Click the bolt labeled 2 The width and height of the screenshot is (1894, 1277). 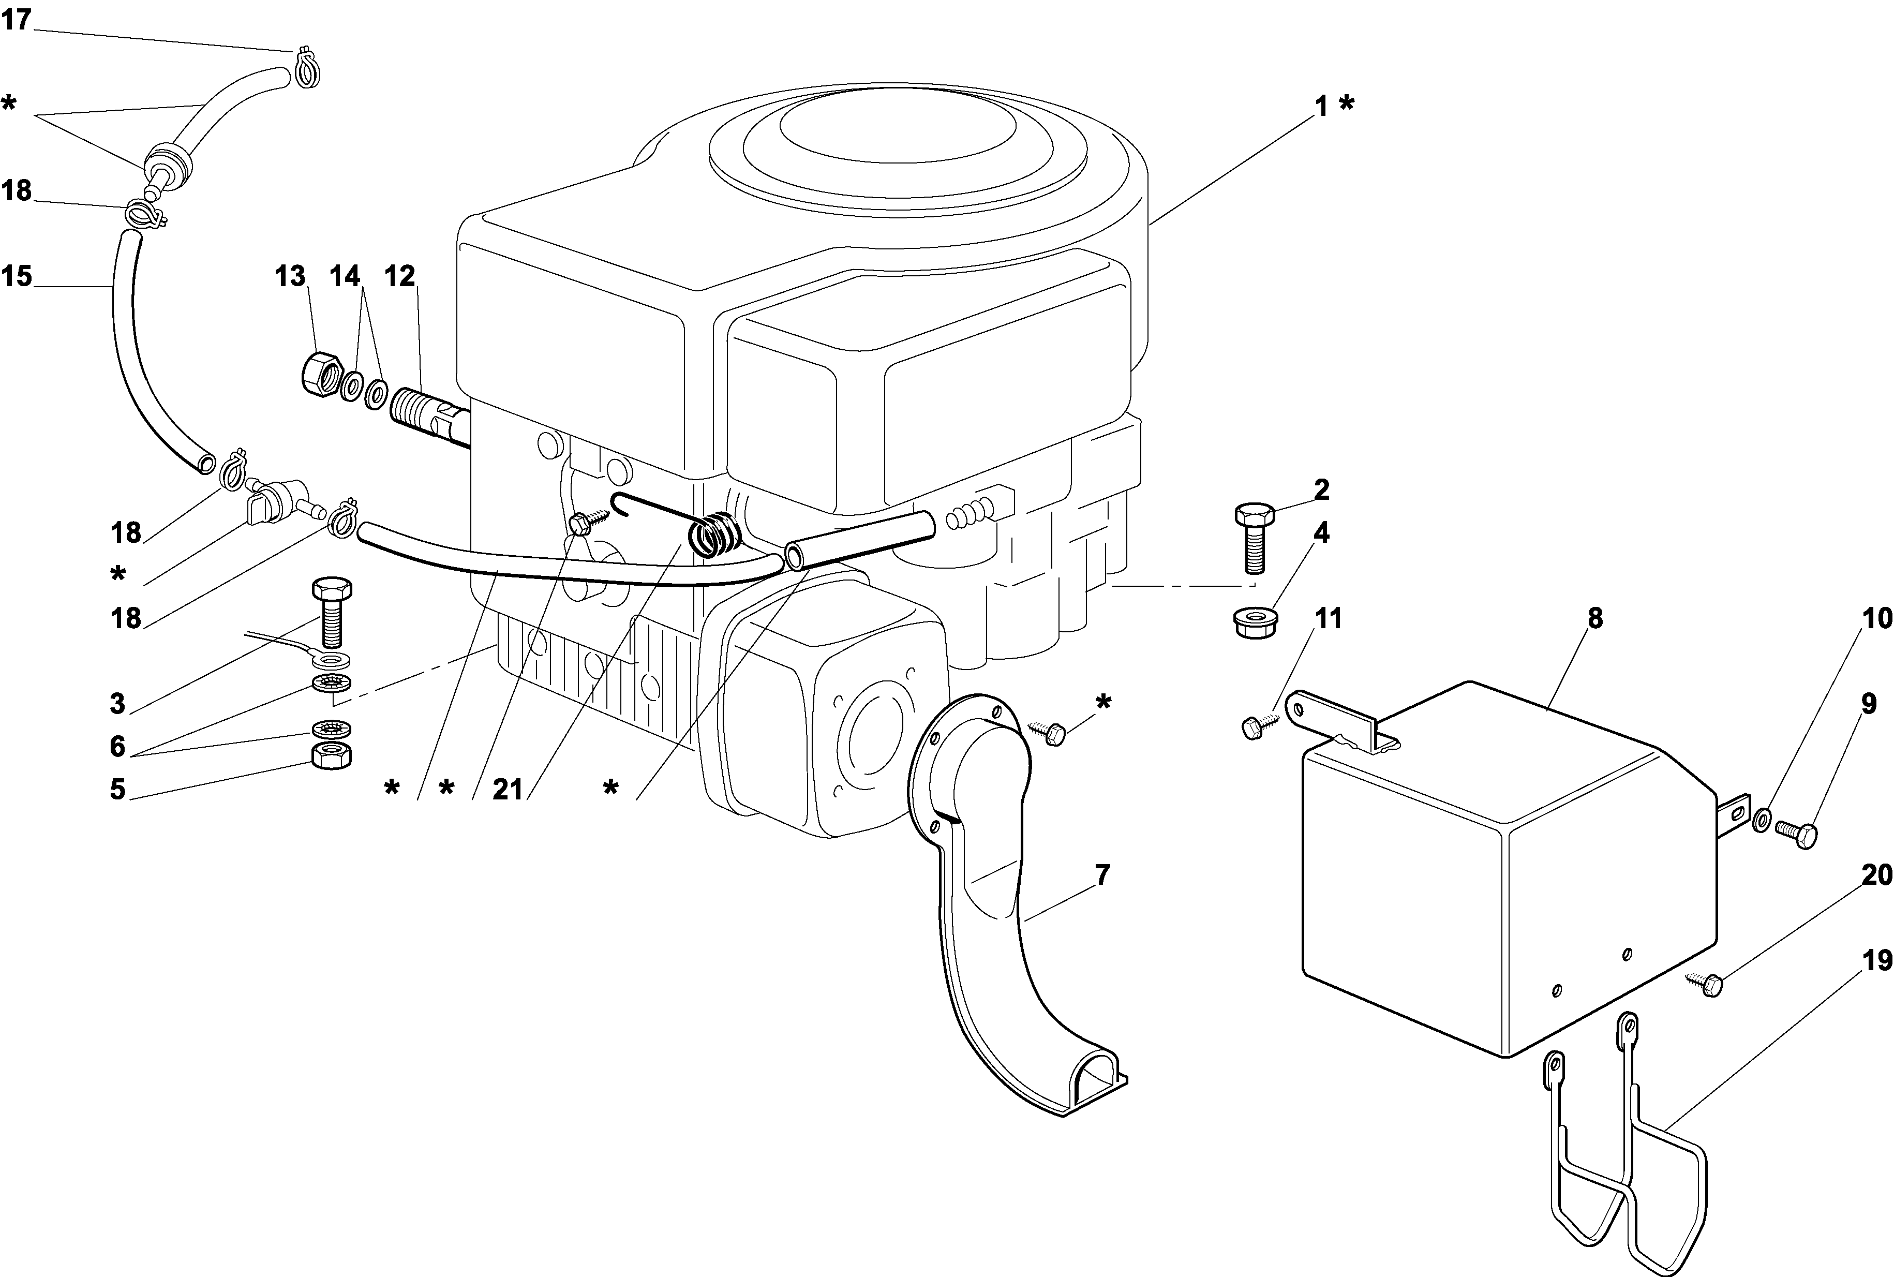[x=1254, y=537]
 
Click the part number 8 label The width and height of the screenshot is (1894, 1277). [x=1594, y=618]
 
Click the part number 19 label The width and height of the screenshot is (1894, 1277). [x=1877, y=961]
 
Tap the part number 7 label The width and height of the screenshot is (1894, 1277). [x=1102, y=875]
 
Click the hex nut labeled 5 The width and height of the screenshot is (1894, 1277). [x=332, y=756]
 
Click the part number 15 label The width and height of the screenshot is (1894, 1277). [x=16, y=276]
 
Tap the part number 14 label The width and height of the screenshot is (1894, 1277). [x=345, y=276]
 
